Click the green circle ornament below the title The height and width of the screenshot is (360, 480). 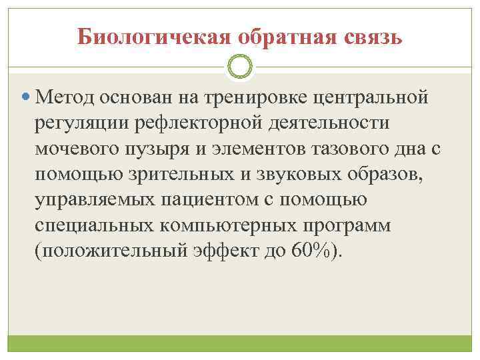(240, 67)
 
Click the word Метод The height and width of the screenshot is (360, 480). (67, 99)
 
